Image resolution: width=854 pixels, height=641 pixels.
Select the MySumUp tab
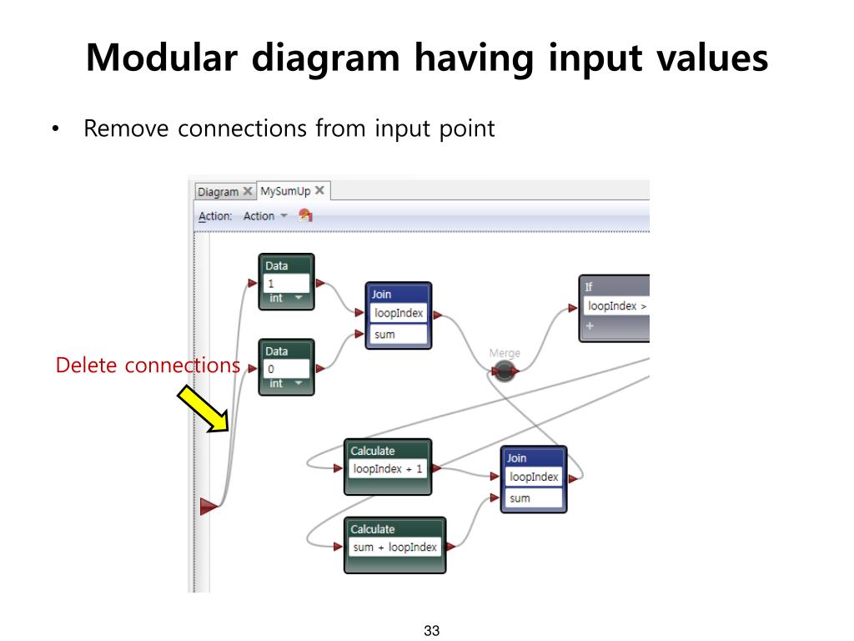[x=285, y=191]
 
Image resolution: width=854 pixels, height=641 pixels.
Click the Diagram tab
[x=218, y=192]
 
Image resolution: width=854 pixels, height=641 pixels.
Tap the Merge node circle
[x=504, y=371]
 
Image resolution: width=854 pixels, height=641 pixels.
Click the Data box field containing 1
[x=287, y=283]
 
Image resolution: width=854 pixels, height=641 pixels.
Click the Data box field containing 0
[x=287, y=369]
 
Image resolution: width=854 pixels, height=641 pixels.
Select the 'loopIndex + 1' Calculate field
[x=388, y=469]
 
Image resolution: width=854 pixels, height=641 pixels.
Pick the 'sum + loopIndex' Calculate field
[x=394, y=548]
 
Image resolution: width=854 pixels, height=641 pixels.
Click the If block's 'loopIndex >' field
[x=616, y=306]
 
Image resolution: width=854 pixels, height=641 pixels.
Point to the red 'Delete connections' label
[x=148, y=366]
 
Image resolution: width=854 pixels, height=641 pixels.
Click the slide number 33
[x=431, y=630]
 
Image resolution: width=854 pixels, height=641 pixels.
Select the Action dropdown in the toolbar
[x=264, y=216]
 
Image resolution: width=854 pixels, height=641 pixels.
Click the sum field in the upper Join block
[x=399, y=335]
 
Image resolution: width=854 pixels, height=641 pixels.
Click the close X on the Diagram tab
[x=248, y=192]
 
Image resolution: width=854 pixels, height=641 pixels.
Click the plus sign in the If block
[x=590, y=326]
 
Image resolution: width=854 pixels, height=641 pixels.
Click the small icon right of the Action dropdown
[x=305, y=215]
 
